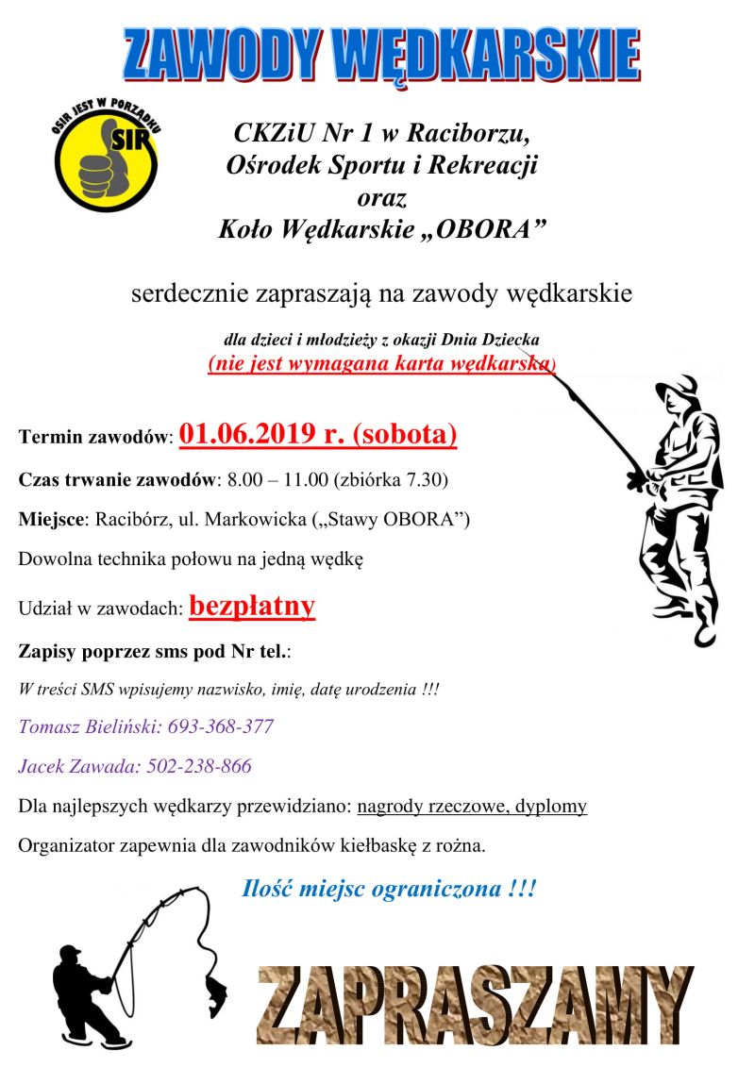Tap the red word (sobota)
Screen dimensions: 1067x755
405,434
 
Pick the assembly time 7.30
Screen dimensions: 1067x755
429,479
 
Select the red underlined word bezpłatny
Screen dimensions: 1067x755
252,606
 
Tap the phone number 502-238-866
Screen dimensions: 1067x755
200,766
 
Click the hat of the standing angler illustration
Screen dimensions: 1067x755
676,388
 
